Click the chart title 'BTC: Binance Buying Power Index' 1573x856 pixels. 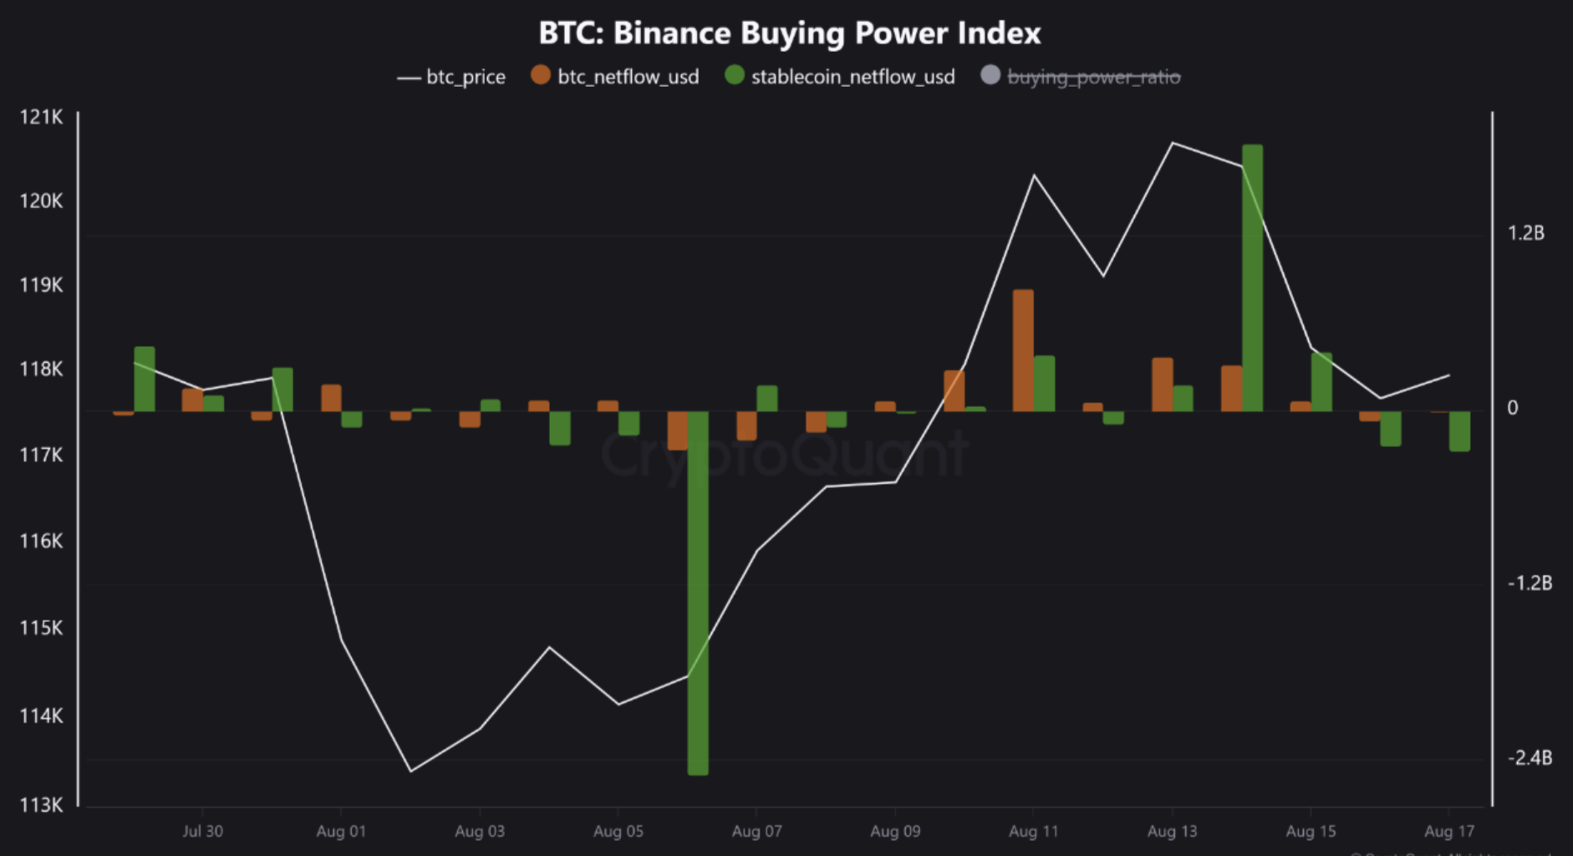[x=789, y=33]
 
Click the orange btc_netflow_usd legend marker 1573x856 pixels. [x=541, y=75]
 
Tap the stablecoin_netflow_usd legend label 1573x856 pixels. [x=853, y=77]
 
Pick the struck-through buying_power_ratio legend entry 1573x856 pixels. [x=1093, y=77]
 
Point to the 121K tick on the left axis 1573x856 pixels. [x=41, y=117]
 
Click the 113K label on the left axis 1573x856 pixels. [x=41, y=805]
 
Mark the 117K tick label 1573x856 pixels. [x=41, y=455]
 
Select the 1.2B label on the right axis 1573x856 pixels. [x=1525, y=233]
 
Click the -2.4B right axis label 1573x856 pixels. [x=1530, y=757]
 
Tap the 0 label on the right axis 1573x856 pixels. [x=1512, y=408]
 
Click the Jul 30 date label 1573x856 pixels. [x=202, y=831]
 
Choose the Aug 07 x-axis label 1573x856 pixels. [x=756, y=831]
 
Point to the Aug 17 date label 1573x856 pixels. [x=1449, y=831]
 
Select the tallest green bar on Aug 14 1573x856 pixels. [x=1252, y=276]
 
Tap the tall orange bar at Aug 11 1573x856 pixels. [x=1023, y=351]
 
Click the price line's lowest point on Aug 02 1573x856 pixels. [x=410, y=771]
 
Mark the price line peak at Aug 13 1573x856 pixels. [x=1172, y=143]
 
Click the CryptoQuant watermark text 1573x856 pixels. [x=784, y=456]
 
